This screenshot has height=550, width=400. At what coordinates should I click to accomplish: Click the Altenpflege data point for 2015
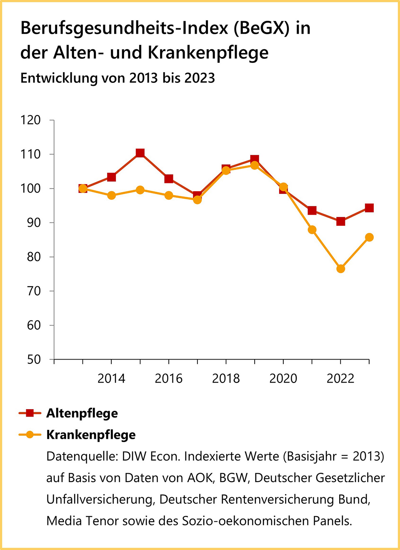tap(140, 153)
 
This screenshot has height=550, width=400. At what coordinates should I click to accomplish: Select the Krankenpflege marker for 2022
tap(340, 269)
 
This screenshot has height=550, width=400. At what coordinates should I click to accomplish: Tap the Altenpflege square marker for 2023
tap(369, 208)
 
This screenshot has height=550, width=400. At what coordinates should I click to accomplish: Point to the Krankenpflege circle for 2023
tap(369, 237)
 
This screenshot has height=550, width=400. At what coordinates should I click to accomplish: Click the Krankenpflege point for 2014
tap(111, 195)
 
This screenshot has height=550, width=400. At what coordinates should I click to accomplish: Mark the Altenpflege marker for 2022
tap(340, 221)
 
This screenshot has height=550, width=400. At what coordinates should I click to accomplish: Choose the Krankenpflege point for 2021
tap(312, 230)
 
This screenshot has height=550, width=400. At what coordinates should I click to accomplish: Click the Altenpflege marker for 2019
tap(255, 159)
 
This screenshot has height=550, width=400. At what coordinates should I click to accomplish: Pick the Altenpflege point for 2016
tap(169, 179)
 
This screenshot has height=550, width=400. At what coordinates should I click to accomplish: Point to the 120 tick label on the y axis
tap(31, 120)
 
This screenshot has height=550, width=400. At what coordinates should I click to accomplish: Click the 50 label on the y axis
tap(34, 360)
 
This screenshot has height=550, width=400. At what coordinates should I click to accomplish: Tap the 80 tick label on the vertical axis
tap(34, 257)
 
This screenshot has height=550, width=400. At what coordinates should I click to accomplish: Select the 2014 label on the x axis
tap(111, 378)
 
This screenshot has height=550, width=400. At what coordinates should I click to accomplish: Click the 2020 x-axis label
tap(283, 378)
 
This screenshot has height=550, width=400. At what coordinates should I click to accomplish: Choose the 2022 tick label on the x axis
tap(340, 378)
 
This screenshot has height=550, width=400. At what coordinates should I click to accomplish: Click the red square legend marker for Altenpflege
tap(30, 413)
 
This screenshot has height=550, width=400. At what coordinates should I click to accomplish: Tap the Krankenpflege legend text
tap(91, 435)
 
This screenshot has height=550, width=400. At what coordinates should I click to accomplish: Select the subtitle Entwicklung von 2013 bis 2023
tap(117, 78)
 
